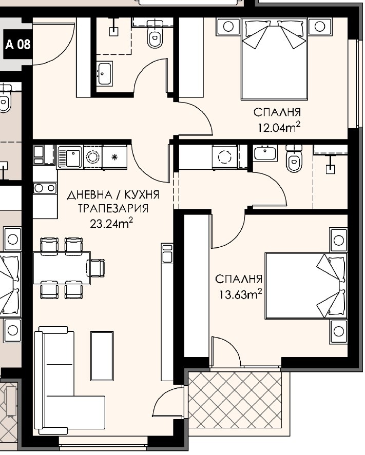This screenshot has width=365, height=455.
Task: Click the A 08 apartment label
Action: pyautogui.click(x=18, y=45)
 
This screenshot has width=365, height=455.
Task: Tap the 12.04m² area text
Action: pyautogui.click(x=279, y=127)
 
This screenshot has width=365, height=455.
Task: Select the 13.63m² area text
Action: pyautogui.click(x=240, y=294)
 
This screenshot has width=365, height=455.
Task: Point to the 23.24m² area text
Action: pyautogui.click(x=111, y=224)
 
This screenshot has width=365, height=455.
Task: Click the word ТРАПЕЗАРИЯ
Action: pyautogui.click(x=113, y=208)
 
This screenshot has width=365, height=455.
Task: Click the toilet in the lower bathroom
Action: pyautogui.click(x=294, y=159)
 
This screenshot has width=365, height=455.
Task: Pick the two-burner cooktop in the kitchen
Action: pyautogui.click(x=45, y=188)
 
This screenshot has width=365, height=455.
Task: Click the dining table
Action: pyautogui.click(x=62, y=268)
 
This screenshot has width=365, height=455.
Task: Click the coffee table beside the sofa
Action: pyautogui.click(x=102, y=356)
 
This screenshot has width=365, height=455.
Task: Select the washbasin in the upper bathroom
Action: pyautogui.click(x=105, y=73)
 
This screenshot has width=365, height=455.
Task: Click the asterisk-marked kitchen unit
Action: pyautogui.click(x=114, y=157)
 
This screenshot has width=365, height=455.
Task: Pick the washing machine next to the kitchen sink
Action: pyautogui.click(x=92, y=157)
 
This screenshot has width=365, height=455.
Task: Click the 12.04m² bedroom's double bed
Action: pyautogui.click(x=274, y=59)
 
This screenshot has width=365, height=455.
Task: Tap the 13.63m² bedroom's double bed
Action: pyautogui.click(x=306, y=286)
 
